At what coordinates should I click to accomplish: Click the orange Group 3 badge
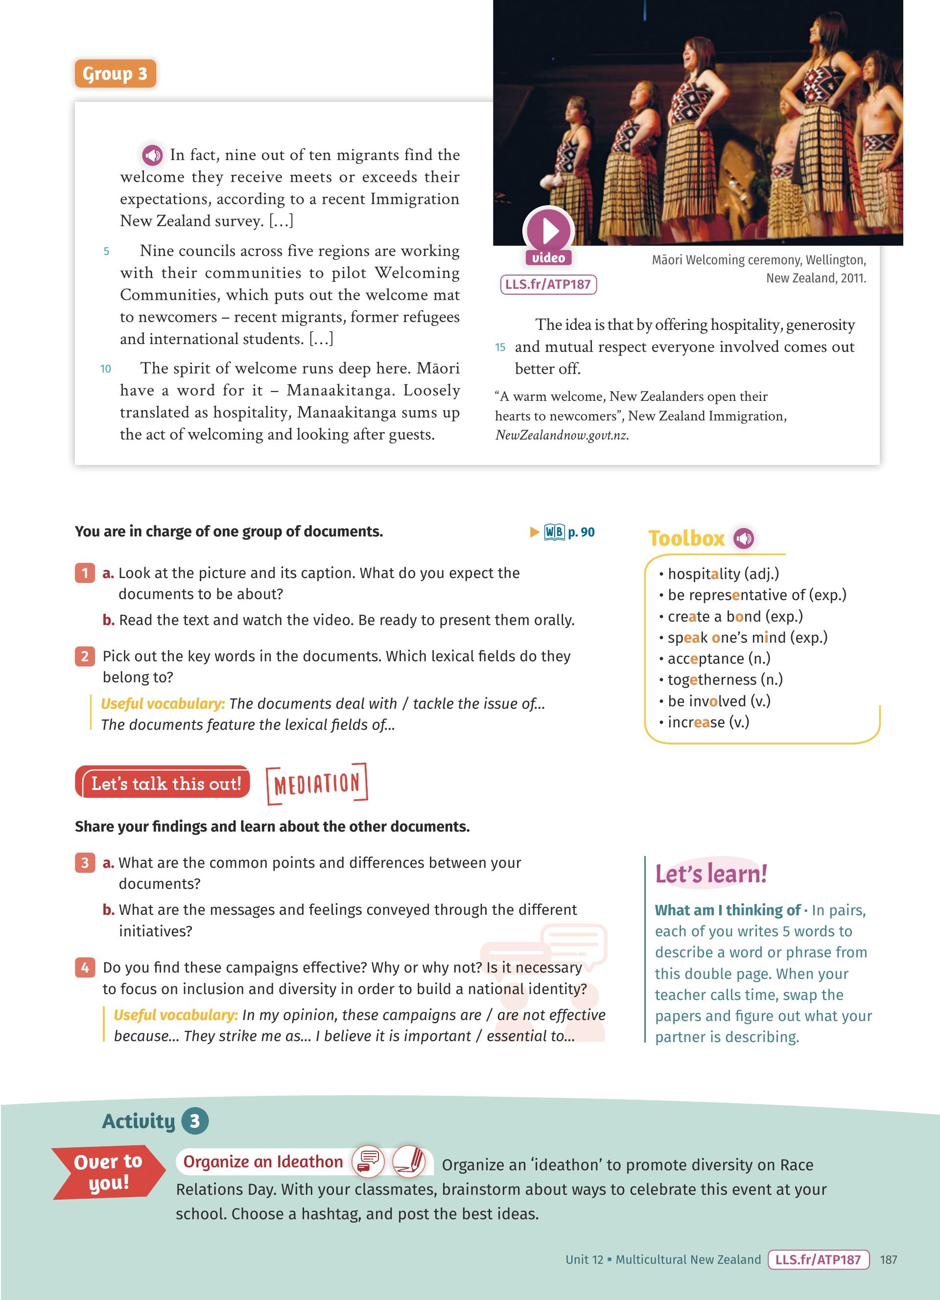click(x=115, y=73)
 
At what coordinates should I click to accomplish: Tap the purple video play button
click(x=548, y=231)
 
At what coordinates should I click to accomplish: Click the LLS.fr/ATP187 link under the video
click(x=548, y=284)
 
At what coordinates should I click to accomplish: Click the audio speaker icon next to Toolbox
click(x=744, y=538)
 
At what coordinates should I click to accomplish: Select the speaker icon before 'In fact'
click(x=152, y=155)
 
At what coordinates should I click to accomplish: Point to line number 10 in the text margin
click(x=105, y=369)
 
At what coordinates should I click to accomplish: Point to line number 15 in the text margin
click(x=500, y=347)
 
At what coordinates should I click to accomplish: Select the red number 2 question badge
click(x=85, y=656)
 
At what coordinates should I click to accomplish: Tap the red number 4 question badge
click(x=85, y=968)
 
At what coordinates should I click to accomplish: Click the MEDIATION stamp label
click(x=317, y=783)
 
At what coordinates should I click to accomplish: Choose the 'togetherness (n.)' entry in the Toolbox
click(x=725, y=680)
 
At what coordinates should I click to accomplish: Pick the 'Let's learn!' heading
click(x=711, y=874)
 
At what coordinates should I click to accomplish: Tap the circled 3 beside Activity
click(x=195, y=1121)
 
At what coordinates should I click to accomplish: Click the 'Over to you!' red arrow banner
click(x=108, y=1172)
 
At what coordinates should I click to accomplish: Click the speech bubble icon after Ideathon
click(x=368, y=1161)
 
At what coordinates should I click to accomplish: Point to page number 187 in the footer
click(x=889, y=1259)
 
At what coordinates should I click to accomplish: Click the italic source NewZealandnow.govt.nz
click(x=562, y=435)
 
